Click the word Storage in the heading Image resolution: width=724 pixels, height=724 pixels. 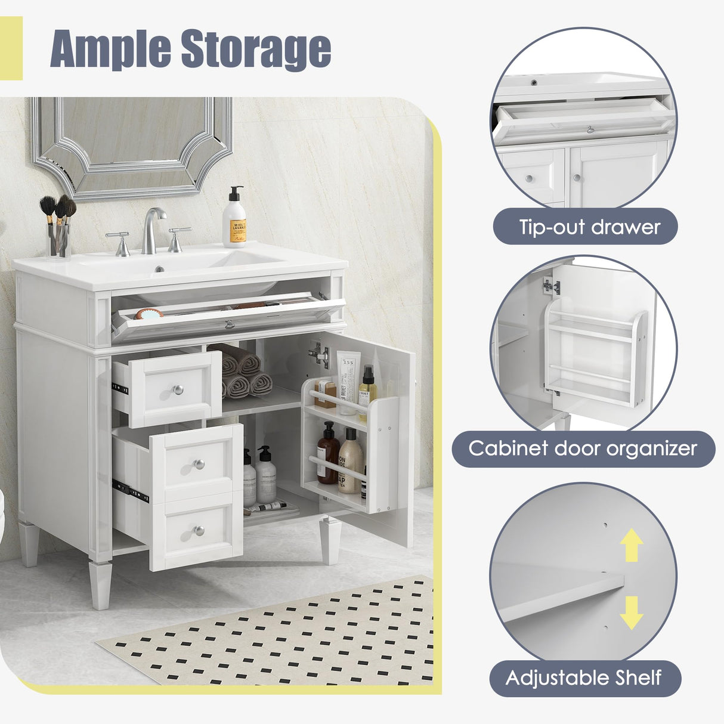pyautogui.click(x=256, y=49)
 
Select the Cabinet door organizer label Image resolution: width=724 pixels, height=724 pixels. pyautogui.click(x=582, y=448)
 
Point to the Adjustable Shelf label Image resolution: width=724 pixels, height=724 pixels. pyautogui.click(x=584, y=677)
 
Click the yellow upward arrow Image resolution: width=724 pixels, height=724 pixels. pyautogui.click(x=632, y=546)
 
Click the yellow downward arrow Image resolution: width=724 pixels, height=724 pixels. pyautogui.click(x=631, y=612)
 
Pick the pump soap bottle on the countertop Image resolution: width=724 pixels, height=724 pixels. pyautogui.click(x=234, y=219)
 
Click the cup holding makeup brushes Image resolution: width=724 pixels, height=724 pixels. pyautogui.click(x=58, y=239)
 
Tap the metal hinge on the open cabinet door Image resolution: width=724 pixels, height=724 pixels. pyautogui.click(x=319, y=355)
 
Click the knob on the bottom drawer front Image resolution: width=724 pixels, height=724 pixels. pyautogui.click(x=199, y=530)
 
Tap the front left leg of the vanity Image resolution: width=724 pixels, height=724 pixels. pyautogui.click(x=100, y=585)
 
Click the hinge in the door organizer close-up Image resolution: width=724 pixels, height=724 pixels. pyautogui.click(x=552, y=286)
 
